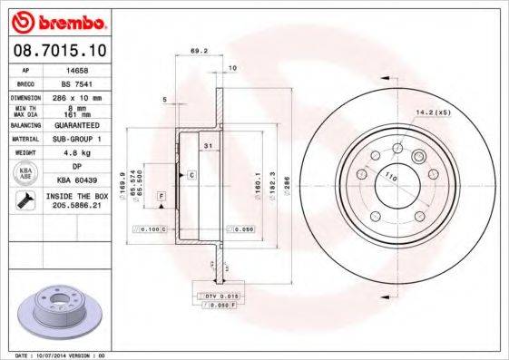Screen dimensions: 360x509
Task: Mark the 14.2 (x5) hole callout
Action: coord(433,112)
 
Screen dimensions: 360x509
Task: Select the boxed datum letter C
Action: coord(191,172)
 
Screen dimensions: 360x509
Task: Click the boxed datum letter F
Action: coord(161,196)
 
